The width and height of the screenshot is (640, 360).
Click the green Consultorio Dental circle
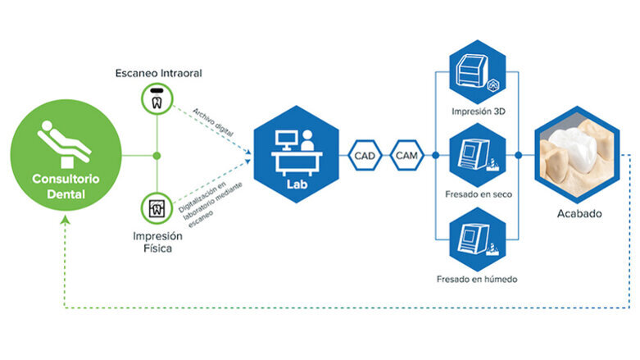coord(64,155)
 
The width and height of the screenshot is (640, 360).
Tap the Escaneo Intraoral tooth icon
coord(156,99)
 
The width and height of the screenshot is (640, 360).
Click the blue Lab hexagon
coord(296,154)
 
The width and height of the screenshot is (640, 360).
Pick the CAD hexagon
coord(365,154)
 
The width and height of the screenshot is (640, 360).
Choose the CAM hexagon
coord(406,154)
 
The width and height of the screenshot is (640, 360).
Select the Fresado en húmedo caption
coord(476,280)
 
